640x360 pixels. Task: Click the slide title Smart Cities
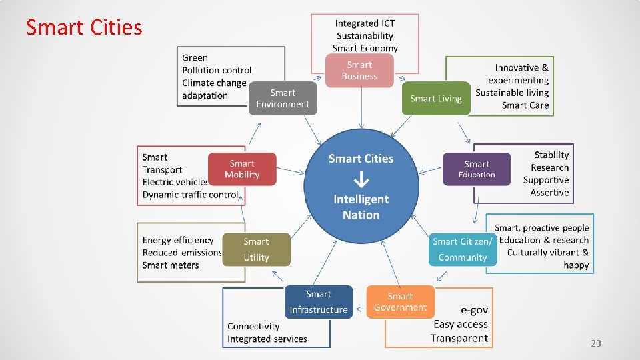pyautogui.click(x=84, y=27)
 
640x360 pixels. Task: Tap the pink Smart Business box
pyautogui.click(x=359, y=71)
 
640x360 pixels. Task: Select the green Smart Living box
pyautogui.click(x=436, y=99)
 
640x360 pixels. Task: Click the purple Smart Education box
pyautogui.click(x=477, y=169)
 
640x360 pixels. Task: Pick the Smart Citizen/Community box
pyautogui.click(x=463, y=249)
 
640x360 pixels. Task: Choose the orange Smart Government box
pyautogui.click(x=400, y=302)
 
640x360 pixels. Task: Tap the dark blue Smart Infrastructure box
pyautogui.click(x=319, y=302)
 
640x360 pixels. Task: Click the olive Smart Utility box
pyautogui.click(x=256, y=249)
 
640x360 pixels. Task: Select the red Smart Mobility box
pyautogui.click(x=242, y=169)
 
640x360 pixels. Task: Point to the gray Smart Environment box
pyautogui.click(x=283, y=99)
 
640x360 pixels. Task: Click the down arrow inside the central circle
pyautogui.click(x=361, y=179)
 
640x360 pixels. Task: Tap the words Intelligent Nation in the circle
pyautogui.click(x=361, y=207)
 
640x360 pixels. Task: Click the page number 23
pyautogui.click(x=595, y=343)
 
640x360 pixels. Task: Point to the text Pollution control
pyautogui.click(x=217, y=70)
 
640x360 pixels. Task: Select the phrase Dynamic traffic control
pyautogui.click(x=190, y=195)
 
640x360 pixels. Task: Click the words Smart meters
pyautogui.click(x=171, y=265)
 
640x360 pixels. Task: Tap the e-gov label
pyautogui.click(x=474, y=310)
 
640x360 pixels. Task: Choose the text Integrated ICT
pyautogui.click(x=365, y=23)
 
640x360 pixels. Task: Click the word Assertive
pyautogui.click(x=549, y=193)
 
